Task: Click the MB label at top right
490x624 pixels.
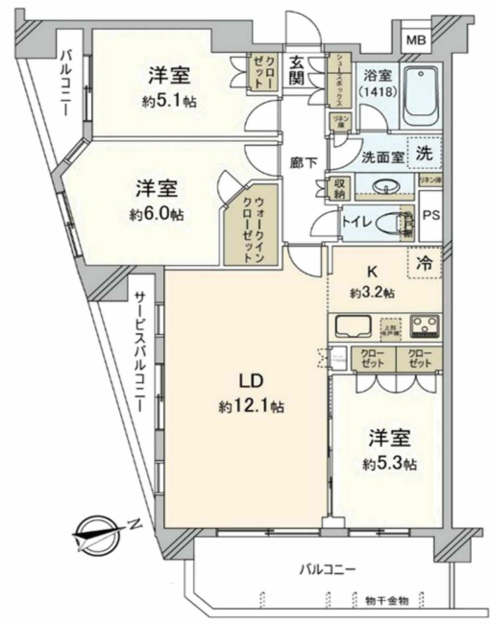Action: tap(415, 40)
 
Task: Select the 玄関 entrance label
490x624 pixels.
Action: tap(298, 69)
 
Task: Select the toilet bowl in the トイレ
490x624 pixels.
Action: tap(395, 225)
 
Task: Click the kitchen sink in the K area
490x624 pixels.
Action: tap(353, 325)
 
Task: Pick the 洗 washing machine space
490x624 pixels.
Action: tap(423, 152)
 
